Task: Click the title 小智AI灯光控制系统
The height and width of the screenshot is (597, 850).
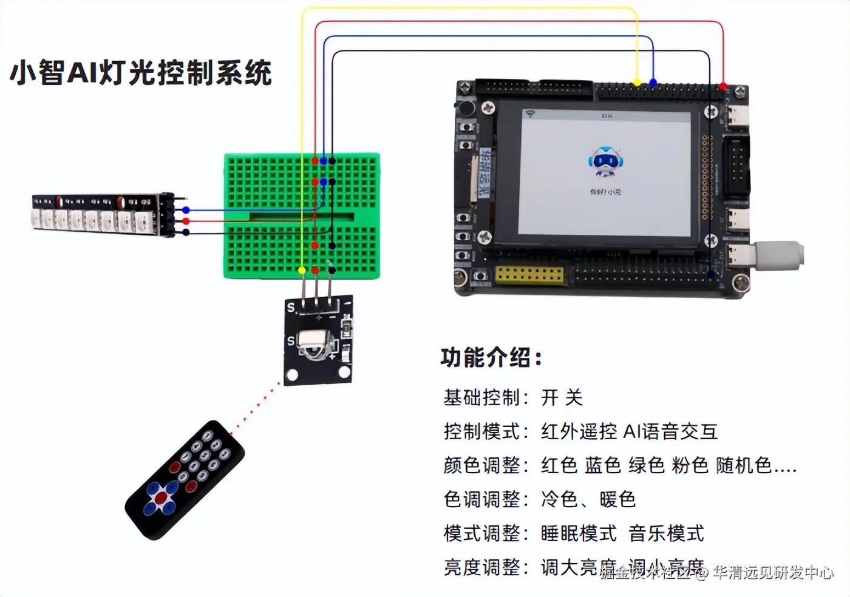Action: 141,72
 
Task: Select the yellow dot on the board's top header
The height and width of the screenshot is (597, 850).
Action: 637,83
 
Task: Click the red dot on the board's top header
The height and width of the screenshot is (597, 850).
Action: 723,87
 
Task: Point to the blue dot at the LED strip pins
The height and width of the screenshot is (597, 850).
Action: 186,211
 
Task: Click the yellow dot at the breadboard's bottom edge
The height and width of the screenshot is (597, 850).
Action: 302,269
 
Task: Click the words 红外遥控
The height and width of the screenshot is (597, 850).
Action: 579,431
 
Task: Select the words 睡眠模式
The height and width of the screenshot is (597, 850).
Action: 579,533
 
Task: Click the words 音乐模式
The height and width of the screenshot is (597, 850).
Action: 666,533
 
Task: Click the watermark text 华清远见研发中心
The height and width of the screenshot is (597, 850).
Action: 773,572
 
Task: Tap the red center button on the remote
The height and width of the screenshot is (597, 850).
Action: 161,498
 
